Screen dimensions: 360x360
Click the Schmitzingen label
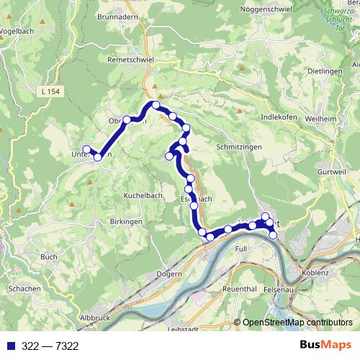(x=237, y=145)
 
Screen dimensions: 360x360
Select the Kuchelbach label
(x=126, y=195)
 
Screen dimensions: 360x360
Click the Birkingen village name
(x=126, y=222)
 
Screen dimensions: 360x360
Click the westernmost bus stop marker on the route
(x=86, y=150)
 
